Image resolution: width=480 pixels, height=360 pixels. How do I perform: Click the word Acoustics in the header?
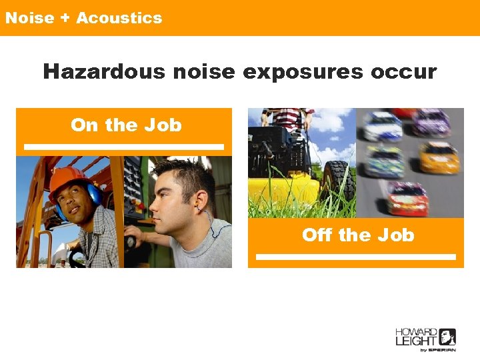119,18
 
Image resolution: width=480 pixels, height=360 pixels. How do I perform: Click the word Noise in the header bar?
29,18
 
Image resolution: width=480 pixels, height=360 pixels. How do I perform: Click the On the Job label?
125,125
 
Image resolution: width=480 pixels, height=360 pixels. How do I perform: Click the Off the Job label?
357,235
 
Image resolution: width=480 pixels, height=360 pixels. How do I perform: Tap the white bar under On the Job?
124,147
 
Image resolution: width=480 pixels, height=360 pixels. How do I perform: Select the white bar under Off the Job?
356,257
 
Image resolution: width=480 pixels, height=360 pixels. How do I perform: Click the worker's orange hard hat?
67,179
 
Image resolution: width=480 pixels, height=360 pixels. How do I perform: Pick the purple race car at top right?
431,123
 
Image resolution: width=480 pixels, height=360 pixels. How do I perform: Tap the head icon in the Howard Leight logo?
447,337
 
